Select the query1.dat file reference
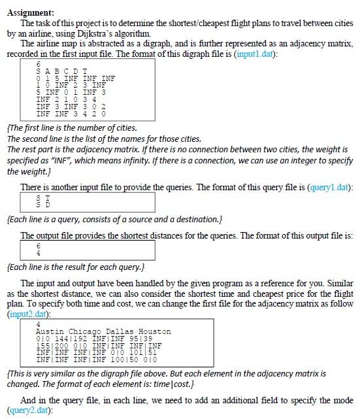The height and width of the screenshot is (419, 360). tap(332, 188)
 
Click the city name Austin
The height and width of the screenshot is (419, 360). tap(49, 332)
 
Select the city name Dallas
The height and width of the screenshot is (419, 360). tap(119, 332)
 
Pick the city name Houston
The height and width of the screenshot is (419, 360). tap(155, 332)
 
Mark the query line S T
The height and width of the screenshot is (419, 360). tap(44, 197)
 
